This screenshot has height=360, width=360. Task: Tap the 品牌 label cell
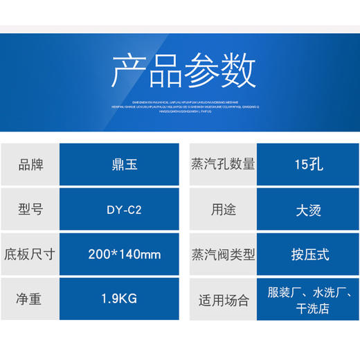point(30,165)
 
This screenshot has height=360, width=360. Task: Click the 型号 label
point(30,209)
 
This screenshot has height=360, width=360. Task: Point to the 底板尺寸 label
point(30,254)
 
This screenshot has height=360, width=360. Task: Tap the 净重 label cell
point(30,300)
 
